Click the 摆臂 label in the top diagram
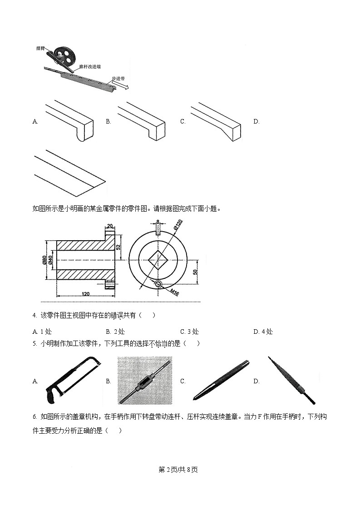tap(40, 48)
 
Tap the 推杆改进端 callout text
tap(90, 66)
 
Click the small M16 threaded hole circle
tap(158, 284)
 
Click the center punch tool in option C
tap(220, 380)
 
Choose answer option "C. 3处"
tap(189, 332)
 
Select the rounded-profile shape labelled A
tap(68, 120)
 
